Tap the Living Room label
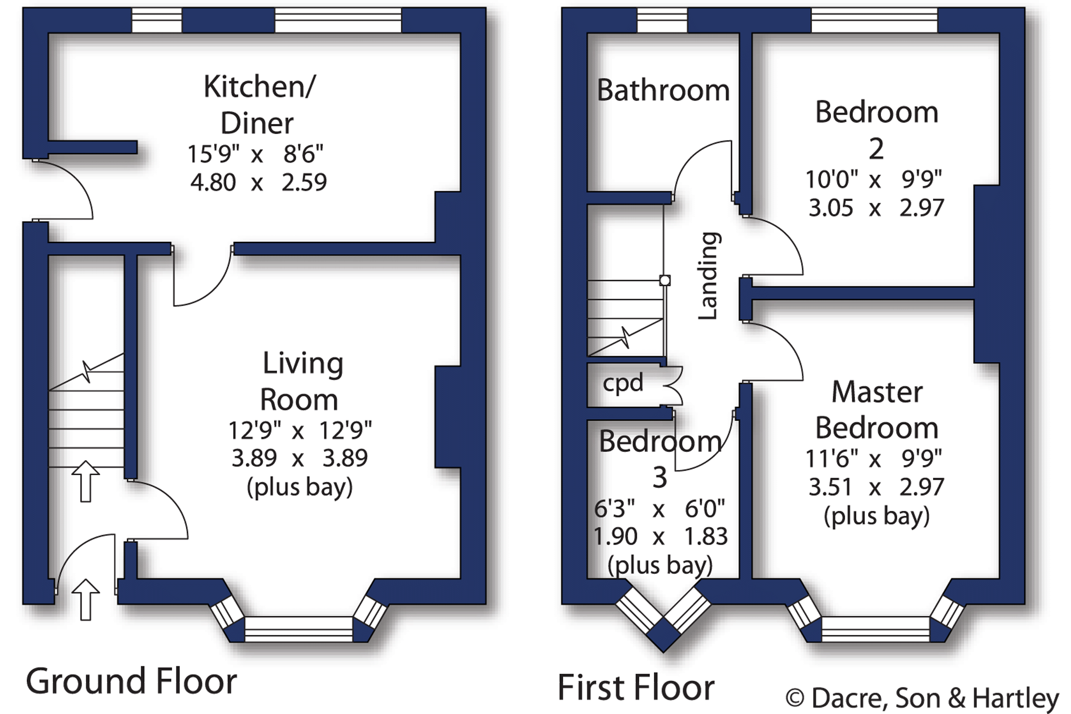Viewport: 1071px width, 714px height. click(302, 381)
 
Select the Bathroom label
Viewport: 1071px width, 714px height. click(663, 91)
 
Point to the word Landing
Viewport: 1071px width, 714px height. click(708, 276)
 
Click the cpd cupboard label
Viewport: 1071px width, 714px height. click(623, 383)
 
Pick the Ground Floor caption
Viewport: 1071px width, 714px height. click(131, 682)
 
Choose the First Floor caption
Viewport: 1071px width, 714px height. click(636, 687)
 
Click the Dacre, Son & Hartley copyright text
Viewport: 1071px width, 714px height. click(922, 698)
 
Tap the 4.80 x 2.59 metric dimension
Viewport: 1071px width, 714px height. click(258, 182)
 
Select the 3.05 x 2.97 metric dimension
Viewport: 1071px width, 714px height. click(876, 208)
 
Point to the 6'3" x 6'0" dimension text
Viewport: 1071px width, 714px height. click(659, 509)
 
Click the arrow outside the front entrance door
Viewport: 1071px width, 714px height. click(85, 600)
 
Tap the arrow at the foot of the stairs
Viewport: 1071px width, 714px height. click(85, 481)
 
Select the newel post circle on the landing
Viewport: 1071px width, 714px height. click(665, 280)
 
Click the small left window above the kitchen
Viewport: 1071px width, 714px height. click(157, 20)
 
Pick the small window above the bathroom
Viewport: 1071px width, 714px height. click(662, 20)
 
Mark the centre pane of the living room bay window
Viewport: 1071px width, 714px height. click(298, 629)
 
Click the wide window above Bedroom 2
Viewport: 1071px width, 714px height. click(874, 20)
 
